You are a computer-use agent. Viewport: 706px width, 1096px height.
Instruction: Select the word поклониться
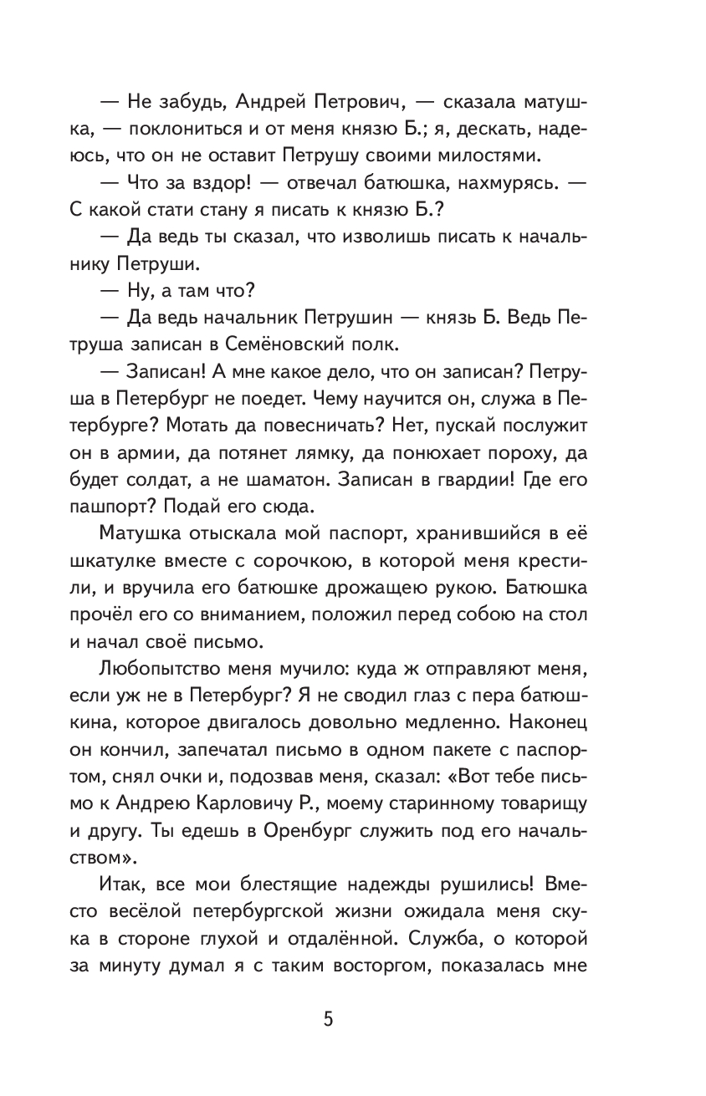pyautogui.click(x=215, y=130)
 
